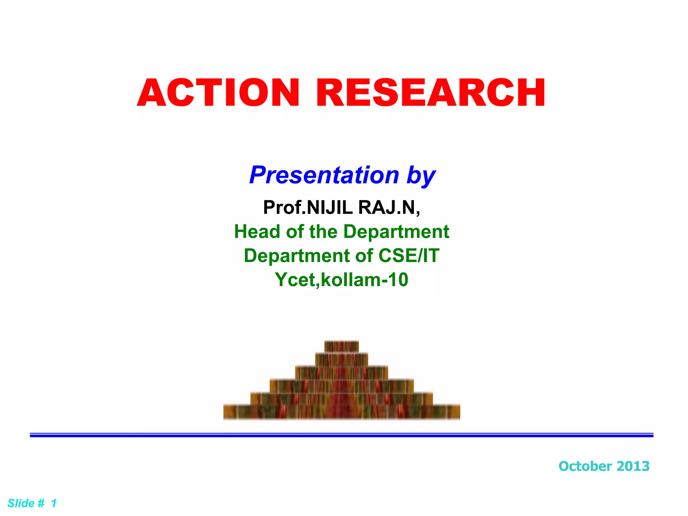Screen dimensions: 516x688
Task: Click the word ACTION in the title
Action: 218,93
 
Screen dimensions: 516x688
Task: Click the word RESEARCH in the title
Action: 431,93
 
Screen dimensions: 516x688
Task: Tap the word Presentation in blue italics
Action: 324,175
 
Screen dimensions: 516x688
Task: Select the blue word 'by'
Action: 421,176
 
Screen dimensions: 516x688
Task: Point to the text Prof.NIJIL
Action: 308,207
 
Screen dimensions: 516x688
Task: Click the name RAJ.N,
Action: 389,207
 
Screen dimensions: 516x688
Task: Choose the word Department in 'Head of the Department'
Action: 396,232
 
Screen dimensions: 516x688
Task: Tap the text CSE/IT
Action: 409,256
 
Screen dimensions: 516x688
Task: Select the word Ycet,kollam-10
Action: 341,280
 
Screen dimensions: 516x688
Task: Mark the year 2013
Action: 633,466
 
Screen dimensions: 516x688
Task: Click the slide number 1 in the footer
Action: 54,503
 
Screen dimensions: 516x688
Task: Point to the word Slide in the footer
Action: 21,503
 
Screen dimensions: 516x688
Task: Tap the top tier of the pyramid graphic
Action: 341,346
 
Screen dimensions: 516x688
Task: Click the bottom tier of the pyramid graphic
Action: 341,412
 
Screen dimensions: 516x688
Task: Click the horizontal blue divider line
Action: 341,435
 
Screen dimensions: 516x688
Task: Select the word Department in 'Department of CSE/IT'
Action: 297,256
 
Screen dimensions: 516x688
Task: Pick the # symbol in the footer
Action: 41,503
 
